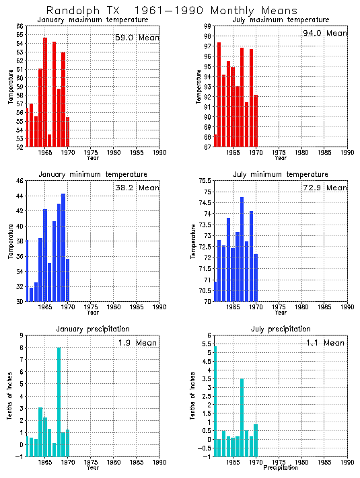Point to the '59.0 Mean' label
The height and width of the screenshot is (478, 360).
[137, 38]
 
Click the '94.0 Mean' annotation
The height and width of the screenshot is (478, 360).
[325, 33]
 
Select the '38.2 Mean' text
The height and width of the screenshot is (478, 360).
[137, 188]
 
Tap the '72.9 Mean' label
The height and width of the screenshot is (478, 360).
[325, 188]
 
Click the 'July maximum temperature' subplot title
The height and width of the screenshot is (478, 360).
[281, 20]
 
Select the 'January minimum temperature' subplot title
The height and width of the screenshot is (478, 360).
[92, 174]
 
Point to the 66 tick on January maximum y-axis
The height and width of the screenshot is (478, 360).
[20, 26]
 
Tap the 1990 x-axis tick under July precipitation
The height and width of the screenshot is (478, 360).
[347, 463]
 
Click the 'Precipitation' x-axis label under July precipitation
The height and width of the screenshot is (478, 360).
[281, 468]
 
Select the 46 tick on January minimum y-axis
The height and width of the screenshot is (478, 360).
[20, 181]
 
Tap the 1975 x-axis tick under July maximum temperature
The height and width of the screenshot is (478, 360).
[279, 153]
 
